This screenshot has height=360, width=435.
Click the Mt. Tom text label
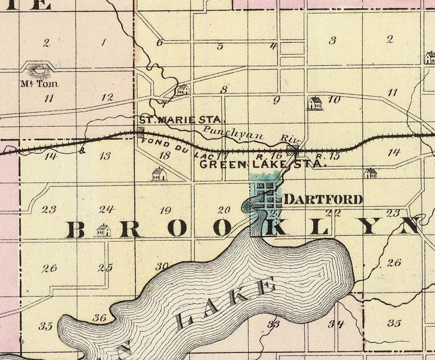pyautogui.click(x=39, y=84)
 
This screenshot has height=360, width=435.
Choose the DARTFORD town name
pyautogui.click(x=323, y=199)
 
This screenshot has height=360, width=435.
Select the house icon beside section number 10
pyautogui.click(x=315, y=103)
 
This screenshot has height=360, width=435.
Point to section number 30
pyautogui.click(x=162, y=266)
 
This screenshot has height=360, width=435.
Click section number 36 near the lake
pyautogui.click(x=99, y=318)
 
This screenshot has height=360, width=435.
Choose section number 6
pyautogui.click(x=159, y=43)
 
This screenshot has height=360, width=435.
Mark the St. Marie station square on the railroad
pyautogui.click(x=140, y=132)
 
